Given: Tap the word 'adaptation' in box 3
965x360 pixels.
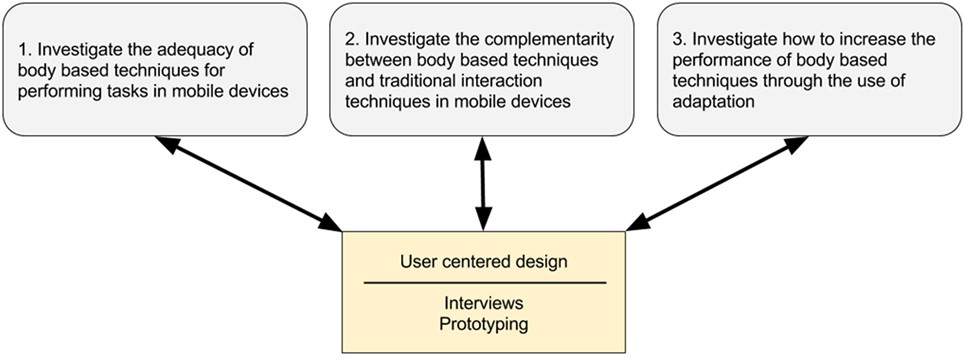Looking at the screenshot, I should [x=713, y=101].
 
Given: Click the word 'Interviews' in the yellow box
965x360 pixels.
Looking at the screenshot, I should [x=484, y=301].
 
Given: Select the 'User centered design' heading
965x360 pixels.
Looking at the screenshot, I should [x=484, y=263].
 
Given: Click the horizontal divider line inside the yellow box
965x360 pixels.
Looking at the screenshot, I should [x=484, y=283].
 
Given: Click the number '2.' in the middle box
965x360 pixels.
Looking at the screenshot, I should [x=352, y=41].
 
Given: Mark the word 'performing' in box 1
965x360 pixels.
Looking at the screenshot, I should [x=58, y=91].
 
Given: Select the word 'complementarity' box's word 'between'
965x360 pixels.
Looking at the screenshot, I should [x=372, y=61].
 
